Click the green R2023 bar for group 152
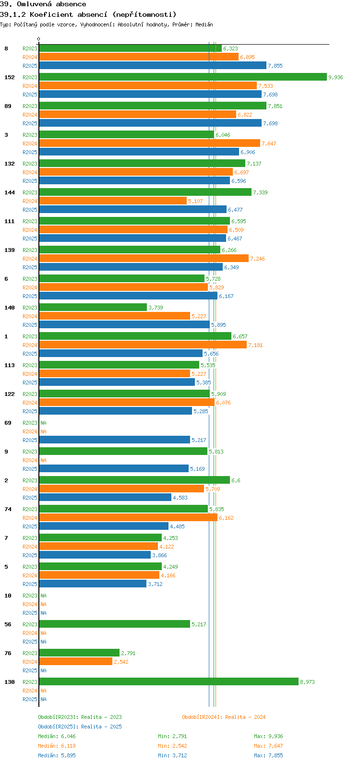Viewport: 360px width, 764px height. coord(182,77)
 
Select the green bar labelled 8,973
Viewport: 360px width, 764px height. coord(168,681)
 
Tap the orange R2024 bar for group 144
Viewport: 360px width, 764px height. coord(113,201)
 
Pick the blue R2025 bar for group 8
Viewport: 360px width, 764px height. coord(153,65)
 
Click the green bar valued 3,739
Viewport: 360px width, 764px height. coord(93,307)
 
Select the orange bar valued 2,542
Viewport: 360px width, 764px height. coord(76,661)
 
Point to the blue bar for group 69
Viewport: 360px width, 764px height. coord(115,440)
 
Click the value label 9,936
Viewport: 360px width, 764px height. coord(336,77)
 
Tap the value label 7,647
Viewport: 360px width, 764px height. coord(269,143)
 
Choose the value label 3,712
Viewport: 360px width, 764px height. coord(155,584)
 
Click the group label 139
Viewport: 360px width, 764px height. coord(10,250)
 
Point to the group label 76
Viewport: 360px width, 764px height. coord(8,653)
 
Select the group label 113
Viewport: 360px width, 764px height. coord(10,365)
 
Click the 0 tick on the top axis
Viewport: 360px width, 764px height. coord(39,39)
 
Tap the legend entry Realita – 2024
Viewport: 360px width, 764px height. coord(224,717)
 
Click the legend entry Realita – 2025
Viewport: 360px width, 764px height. coord(80,727)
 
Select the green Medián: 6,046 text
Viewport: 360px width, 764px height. coord(57,736)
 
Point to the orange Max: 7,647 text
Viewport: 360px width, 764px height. coord(268,746)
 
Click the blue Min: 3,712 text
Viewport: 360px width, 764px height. coord(172,755)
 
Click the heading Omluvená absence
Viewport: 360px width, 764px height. coord(43,4)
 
